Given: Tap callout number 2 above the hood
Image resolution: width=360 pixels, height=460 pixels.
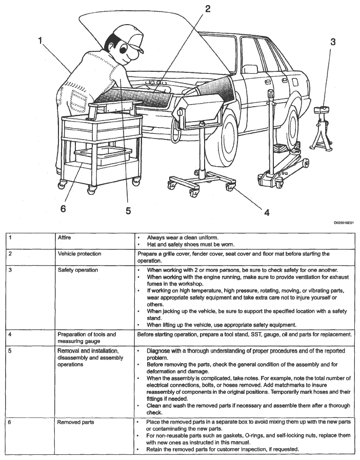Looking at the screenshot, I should tap(207, 9).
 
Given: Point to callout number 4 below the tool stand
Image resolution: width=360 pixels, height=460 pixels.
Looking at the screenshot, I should tap(267, 212).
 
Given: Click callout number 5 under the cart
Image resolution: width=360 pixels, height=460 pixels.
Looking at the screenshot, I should tap(128, 210).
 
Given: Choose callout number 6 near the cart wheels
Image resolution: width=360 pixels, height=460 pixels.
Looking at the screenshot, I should tap(63, 209).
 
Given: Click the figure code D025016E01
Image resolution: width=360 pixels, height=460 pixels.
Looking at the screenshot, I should tap(343, 223).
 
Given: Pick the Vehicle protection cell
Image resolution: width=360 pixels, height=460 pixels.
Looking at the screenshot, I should tap(79, 254).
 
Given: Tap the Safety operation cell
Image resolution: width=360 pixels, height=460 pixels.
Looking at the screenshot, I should tap(78, 270).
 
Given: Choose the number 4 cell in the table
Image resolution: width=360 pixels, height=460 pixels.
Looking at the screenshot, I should tap(10, 334).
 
